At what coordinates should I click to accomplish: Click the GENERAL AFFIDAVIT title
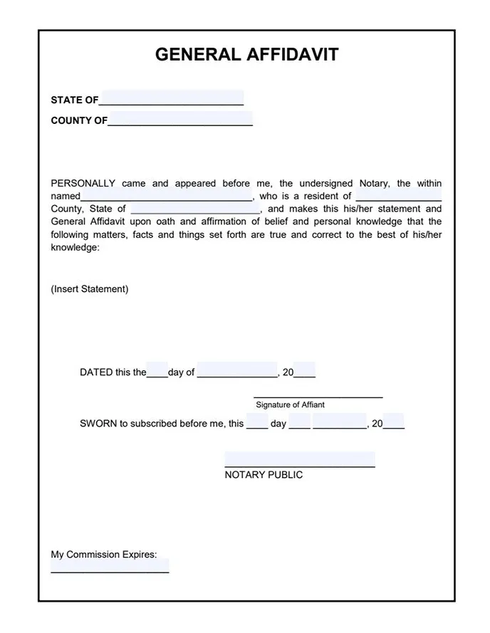[x=246, y=55]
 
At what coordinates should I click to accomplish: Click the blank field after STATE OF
[x=172, y=98]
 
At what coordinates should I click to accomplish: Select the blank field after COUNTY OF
[x=180, y=119]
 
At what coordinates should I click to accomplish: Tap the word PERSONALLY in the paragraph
[x=83, y=183]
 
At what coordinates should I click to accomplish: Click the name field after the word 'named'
[x=167, y=195]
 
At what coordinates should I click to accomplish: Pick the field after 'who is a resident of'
[x=398, y=195]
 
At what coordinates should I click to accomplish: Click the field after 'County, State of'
[x=196, y=209]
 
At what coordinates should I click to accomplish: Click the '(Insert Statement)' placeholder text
[x=90, y=289]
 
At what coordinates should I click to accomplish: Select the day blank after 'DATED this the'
[x=157, y=371]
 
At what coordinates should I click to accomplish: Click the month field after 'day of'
[x=237, y=371]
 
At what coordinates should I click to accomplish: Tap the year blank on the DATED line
[x=305, y=371]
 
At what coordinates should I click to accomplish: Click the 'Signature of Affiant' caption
[x=291, y=404]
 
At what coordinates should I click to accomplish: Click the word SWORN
[x=98, y=424]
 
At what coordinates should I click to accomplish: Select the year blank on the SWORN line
[x=394, y=422]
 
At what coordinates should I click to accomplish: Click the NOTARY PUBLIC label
[x=264, y=475]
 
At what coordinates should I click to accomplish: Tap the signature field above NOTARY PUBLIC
[x=300, y=459]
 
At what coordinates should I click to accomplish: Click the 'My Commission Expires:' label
[x=104, y=555]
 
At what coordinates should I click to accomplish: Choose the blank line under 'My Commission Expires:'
[x=110, y=568]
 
